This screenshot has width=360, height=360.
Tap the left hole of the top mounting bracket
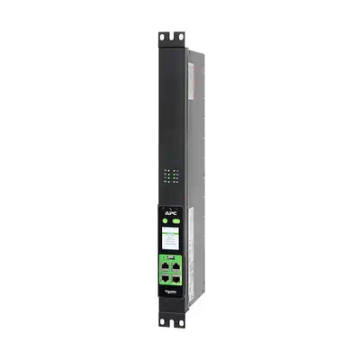[164, 37]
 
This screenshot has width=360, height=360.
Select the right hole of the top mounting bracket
[179, 37]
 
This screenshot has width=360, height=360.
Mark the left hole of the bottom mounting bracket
[164, 322]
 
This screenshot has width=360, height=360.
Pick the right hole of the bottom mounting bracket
[179, 322]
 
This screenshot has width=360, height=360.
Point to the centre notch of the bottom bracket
[171, 324]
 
